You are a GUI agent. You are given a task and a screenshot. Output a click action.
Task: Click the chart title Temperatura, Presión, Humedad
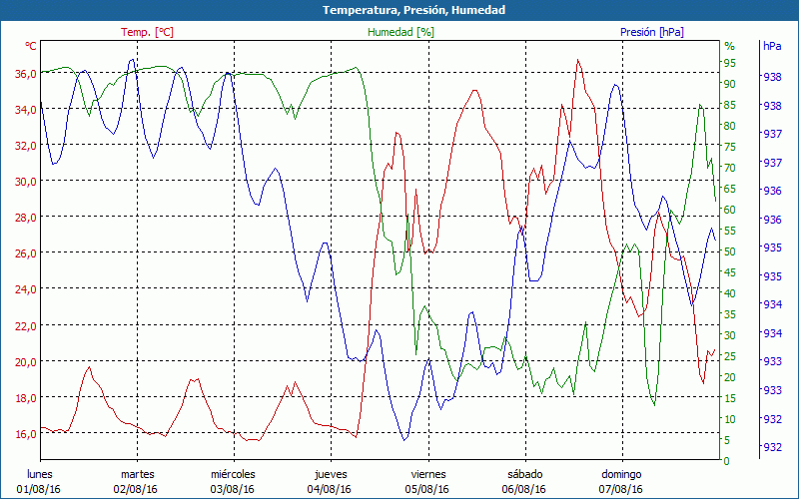click(x=399, y=10)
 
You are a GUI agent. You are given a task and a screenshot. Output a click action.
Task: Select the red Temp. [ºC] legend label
click(x=147, y=32)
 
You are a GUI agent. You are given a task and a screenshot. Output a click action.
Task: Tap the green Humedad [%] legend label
click(x=400, y=32)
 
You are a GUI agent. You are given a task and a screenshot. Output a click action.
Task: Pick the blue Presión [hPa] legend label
click(x=651, y=32)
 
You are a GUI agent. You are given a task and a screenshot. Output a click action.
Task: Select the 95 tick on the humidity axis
click(x=729, y=62)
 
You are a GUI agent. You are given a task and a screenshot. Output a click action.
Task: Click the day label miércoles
click(x=233, y=474)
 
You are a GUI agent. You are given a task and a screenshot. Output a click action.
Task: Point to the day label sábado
click(x=524, y=474)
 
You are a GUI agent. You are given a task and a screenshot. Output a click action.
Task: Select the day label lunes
click(x=39, y=474)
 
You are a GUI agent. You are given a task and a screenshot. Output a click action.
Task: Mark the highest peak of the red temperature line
click(x=577, y=60)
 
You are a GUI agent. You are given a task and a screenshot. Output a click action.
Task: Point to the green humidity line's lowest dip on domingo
click(x=654, y=405)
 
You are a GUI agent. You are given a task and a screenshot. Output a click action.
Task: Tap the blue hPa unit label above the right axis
click(x=772, y=46)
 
